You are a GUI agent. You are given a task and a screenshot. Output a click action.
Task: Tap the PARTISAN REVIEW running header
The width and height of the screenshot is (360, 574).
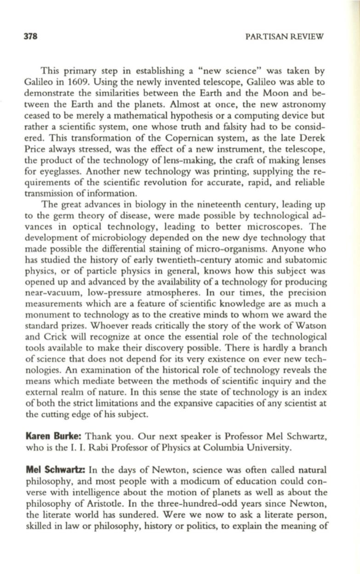pos(285,36)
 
